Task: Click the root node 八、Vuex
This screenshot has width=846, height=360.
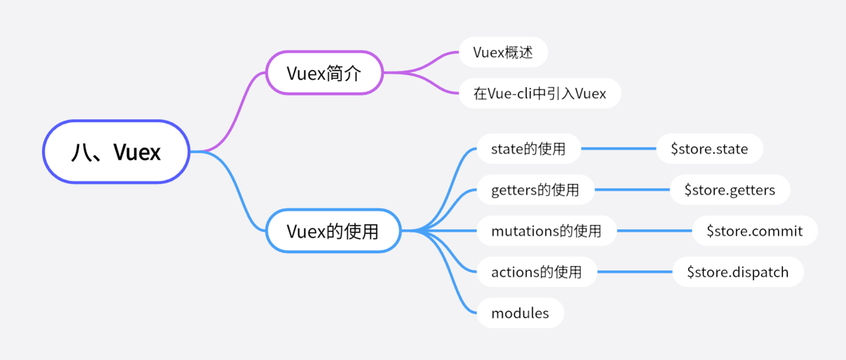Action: [116, 152]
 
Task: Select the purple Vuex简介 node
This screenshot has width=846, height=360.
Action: [324, 73]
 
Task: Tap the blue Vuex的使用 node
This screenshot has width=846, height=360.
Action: [333, 231]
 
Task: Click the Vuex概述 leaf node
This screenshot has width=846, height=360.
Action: [503, 52]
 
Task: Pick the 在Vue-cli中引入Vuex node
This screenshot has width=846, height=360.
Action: [539, 93]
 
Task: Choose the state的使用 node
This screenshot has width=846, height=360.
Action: [528, 149]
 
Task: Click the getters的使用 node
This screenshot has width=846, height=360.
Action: [535, 190]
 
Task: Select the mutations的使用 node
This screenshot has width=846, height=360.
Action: [546, 231]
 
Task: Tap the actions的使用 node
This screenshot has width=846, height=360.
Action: [536, 272]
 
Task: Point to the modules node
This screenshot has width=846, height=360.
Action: [520, 313]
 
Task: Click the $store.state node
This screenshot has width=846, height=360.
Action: [709, 149]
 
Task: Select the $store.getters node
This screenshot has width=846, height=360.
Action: [730, 190]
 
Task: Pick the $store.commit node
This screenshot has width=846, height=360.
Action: [754, 231]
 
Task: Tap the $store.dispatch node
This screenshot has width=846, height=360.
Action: [737, 272]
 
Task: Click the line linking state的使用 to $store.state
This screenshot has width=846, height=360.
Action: [618, 149]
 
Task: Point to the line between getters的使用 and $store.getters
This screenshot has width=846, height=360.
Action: [632, 190]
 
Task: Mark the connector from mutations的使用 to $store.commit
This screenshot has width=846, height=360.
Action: [654, 231]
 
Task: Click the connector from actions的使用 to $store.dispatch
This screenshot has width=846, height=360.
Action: [634, 272]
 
